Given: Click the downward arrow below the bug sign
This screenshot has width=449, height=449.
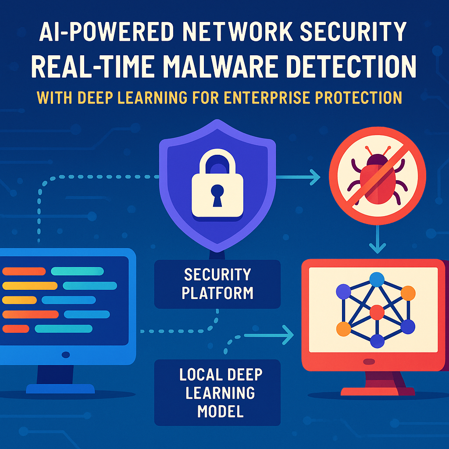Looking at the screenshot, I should [377, 246].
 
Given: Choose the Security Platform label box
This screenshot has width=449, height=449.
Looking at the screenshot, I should [217, 284].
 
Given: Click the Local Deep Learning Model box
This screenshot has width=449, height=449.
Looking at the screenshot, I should [217, 393].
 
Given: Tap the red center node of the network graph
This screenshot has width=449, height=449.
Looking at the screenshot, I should [377, 313].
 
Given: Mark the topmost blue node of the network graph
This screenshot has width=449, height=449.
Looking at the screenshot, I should [376, 279].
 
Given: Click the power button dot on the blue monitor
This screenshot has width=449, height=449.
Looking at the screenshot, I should [66, 354].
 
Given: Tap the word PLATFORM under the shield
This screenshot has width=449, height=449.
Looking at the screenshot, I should [217, 292].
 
